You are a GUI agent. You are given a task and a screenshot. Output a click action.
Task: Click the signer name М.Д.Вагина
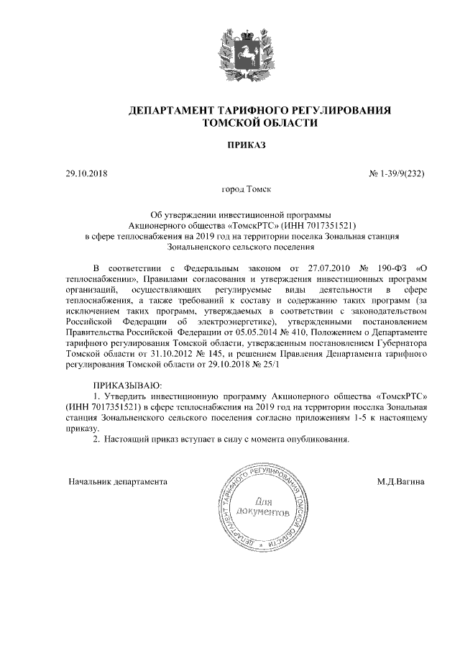click(400, 481)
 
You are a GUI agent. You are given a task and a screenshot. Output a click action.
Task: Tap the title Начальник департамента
click(118, 481)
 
